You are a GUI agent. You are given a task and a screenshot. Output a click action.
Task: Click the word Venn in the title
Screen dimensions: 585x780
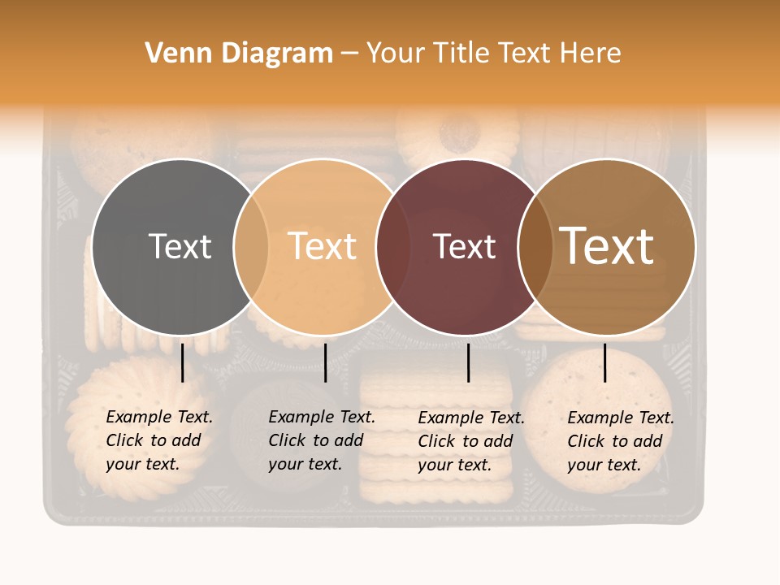click(172, 54)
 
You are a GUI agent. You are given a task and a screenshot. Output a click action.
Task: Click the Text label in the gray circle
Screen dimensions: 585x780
click(180, 247)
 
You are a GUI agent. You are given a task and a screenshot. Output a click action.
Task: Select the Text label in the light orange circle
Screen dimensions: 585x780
click(323, 247)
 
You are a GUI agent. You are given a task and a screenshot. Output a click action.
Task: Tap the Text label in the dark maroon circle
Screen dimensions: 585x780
click(464, 247)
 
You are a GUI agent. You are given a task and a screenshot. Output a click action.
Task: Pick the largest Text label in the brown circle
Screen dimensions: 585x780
click(607, 246)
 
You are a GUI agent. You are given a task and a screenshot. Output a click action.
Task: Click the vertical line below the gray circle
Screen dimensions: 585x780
click(182, 362)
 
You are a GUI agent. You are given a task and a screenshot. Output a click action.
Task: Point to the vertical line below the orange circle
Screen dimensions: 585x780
click(325, 362)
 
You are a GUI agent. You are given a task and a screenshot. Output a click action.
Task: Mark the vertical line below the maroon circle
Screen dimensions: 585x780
click(468, 362)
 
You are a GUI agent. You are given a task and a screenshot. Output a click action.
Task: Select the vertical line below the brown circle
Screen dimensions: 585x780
click(604, 362)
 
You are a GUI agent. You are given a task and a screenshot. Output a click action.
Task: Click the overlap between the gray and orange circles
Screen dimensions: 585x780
click(251, 247)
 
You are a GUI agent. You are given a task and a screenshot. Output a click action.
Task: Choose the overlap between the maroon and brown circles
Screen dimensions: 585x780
click(535, 247)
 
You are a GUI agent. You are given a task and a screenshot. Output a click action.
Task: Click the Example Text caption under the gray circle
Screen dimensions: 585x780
click(159, 440)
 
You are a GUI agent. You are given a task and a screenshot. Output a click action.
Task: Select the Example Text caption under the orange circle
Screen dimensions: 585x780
click(322, 440)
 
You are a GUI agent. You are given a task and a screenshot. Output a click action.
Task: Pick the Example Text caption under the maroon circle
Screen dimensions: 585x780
click(471, 441)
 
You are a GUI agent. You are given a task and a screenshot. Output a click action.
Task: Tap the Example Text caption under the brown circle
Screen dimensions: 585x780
click(621, 441)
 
